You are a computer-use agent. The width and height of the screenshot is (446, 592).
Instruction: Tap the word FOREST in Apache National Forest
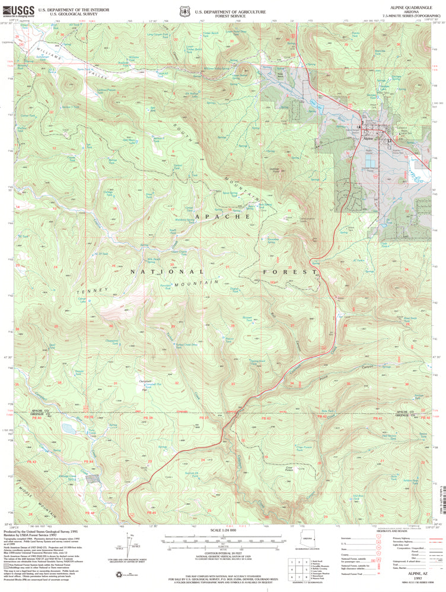(x=291, y=272)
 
